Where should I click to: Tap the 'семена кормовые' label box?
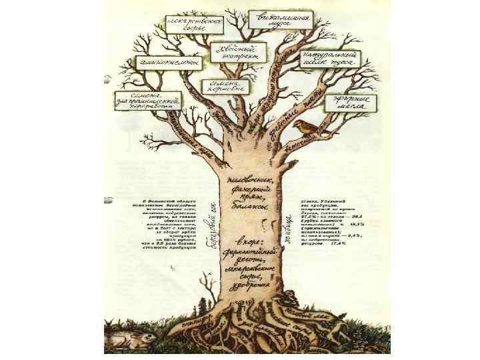tap(224, 86)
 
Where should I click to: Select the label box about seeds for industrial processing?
tap(148, 101)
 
